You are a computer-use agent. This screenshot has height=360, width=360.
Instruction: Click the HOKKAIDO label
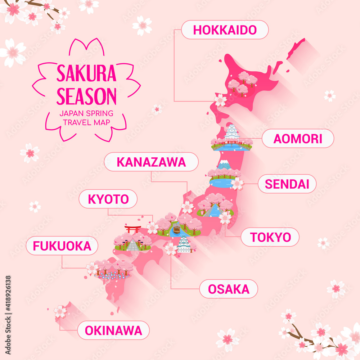225,30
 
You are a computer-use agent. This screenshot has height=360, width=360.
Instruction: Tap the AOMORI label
298,139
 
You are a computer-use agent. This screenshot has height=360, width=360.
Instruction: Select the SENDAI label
287,184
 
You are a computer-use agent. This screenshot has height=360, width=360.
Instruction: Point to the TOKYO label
270,237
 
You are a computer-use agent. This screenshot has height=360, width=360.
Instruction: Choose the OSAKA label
229,289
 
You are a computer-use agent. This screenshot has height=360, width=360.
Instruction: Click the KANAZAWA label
151,162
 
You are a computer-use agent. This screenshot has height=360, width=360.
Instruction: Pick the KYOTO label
108,199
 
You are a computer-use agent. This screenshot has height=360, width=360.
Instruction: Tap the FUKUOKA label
62,246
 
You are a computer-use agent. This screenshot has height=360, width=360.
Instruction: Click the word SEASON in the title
86,96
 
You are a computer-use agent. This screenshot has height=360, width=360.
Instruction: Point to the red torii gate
132,229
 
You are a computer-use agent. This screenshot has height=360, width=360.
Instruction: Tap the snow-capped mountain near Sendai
224,165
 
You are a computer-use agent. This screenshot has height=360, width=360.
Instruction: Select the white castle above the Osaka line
184,244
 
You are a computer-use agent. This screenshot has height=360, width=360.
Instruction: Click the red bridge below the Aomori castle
232,143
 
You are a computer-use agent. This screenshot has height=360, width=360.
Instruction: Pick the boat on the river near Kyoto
176,229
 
